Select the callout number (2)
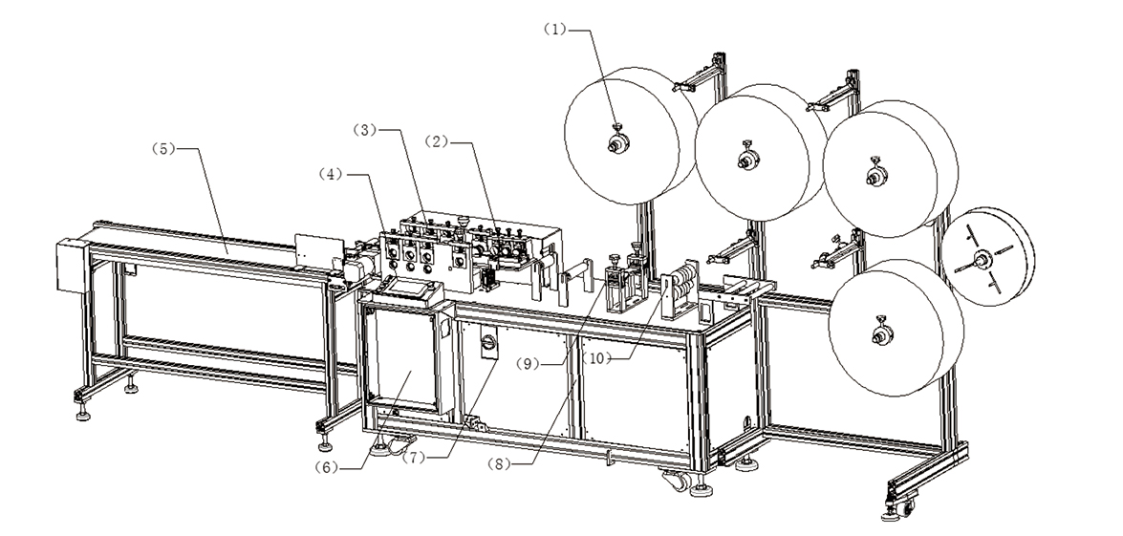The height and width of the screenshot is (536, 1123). [438, 142]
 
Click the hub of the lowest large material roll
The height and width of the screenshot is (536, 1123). [878, 334]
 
